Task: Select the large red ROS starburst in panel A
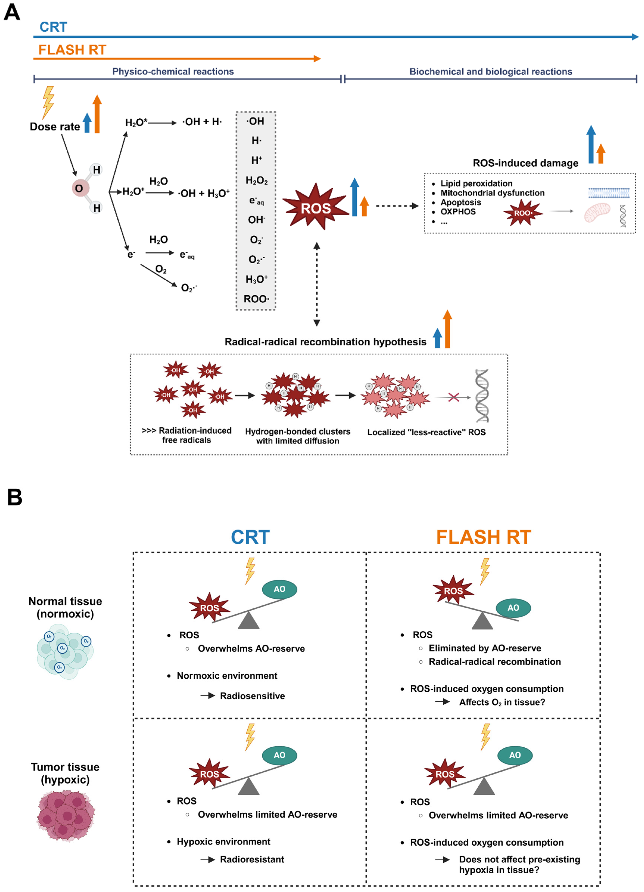pos(316,207)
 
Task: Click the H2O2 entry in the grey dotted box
pos(256,180)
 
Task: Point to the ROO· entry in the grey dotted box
pos(256,299)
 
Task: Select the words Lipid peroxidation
pos(476,183)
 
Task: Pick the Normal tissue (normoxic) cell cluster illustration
pos(65,651)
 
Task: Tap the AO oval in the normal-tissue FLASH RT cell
pos(513,608)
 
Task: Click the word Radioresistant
pos(252,859)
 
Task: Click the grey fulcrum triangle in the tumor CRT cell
pos(249,786)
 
